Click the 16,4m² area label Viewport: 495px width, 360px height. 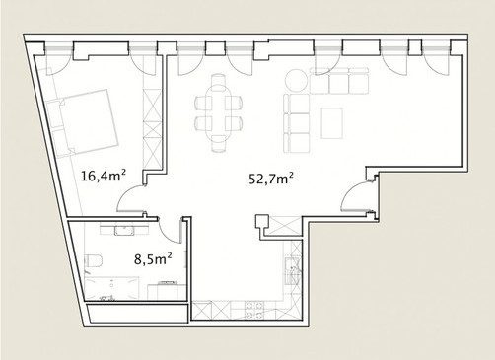point(104,176)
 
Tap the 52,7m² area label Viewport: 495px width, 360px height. point(271,180)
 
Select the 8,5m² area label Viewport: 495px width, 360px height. point(153,258)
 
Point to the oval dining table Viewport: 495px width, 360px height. point(219,112)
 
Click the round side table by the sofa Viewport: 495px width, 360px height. point(297,80)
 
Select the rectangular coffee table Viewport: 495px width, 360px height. point(332,123)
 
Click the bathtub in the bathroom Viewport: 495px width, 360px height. point(111,288)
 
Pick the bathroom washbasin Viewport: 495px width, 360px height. point(124,230)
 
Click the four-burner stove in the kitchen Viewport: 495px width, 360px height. point(254,310)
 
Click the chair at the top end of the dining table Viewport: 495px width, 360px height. point(219,81)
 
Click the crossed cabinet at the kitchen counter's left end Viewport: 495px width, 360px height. point(201,311)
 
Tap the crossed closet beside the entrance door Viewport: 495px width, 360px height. point(283,226)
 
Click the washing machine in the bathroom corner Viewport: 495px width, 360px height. point(167,291)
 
